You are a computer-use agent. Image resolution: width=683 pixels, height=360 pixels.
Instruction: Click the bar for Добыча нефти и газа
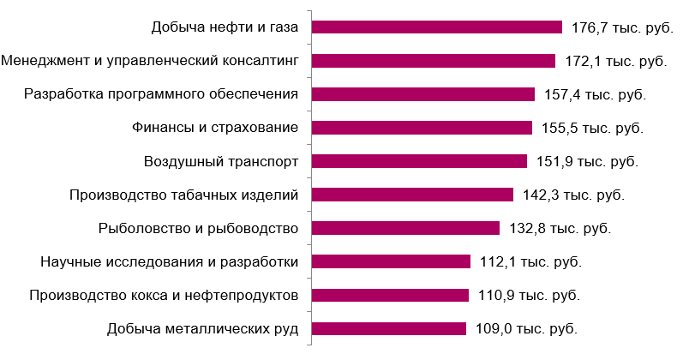pyautogui.click(x=436, y=27)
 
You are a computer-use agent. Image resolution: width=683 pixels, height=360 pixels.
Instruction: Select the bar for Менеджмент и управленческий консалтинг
pyautogui.click(x=434, y=61)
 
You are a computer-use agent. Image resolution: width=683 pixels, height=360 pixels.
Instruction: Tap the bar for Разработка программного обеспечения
pyautogui.click(x=423, y=94)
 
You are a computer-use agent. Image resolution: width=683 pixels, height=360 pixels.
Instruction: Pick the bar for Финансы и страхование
pyautogui.click(x=422, y=128)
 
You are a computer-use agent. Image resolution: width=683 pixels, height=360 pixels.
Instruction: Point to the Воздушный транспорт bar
pyautogui.click(x=419, y=161)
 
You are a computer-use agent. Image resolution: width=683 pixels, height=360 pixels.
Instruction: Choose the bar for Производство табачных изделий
pyautogui.click(x=412, y=195)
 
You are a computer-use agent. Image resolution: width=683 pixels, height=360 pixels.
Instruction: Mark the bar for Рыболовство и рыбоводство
pyautogui.click(x=405, y=228)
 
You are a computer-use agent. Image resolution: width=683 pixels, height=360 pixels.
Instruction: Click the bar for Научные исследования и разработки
pyautogui.click(x=391, y=261)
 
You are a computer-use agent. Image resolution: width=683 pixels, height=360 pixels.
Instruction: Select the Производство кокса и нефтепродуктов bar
pyautogui.click(x=390, y=295)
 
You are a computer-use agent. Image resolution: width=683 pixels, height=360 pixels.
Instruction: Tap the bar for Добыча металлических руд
pyautogui.click(x=388, y=328)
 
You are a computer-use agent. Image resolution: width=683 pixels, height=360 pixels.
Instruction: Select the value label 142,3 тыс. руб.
pyautogui.click(x=573, y=195)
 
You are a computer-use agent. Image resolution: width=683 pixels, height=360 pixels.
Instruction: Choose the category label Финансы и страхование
pyautogui.click(x=215, y=128)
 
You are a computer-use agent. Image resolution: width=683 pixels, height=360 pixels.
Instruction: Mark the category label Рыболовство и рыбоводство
pyautogui.click(x=197, y=228)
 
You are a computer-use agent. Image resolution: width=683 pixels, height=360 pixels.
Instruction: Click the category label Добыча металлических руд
pyautogui.click(x=202, y=329)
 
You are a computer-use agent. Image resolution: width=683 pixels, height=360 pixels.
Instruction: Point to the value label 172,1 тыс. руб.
pyautogui.click(x=616, y=62)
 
